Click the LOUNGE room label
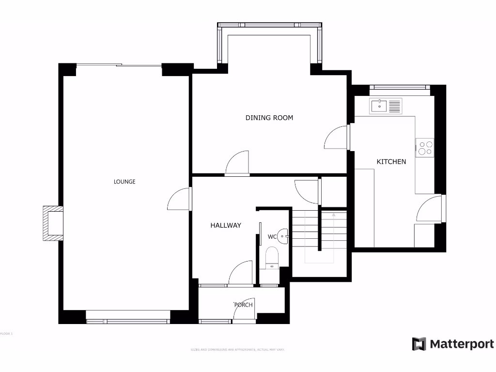point(124,182)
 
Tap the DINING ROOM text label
point(269,118)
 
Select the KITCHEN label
point(391,161)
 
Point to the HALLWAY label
point(225,225)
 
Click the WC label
point(272,237)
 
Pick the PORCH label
point(243,305)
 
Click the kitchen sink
point(386,106)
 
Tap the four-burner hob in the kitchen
point(424,148)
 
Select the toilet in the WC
point(273,257)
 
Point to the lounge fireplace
point(53,223)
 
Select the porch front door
point(244,310)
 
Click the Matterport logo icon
point(419,344)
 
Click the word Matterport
point(462,344)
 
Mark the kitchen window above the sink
point(400,88)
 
